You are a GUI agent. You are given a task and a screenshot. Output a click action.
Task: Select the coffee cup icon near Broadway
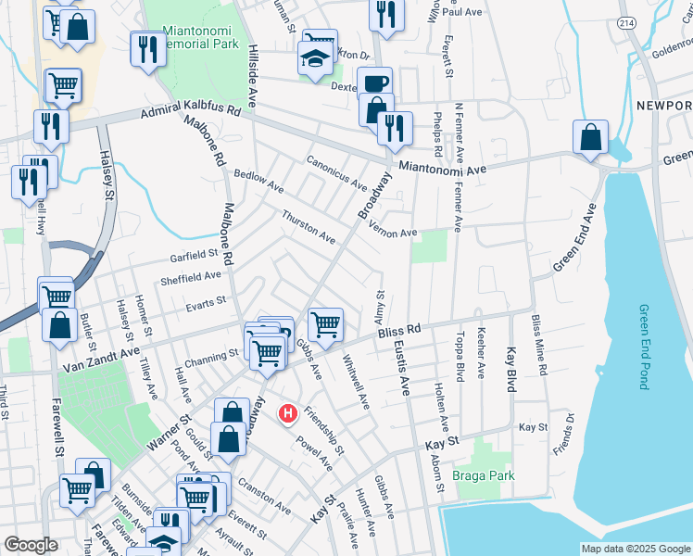coord(375,83)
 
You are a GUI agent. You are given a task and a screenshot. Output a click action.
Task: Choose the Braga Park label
coord(477,477)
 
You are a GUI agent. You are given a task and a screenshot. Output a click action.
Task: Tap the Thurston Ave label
coord(309,225)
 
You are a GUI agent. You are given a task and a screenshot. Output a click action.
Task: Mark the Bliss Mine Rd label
coord(539,345)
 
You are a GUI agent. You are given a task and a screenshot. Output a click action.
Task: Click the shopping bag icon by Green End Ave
coord(590,139)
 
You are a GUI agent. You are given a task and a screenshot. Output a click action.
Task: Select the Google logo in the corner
coord(30,545)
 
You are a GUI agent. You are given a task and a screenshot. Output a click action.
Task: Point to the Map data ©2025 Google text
coord(635,549)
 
